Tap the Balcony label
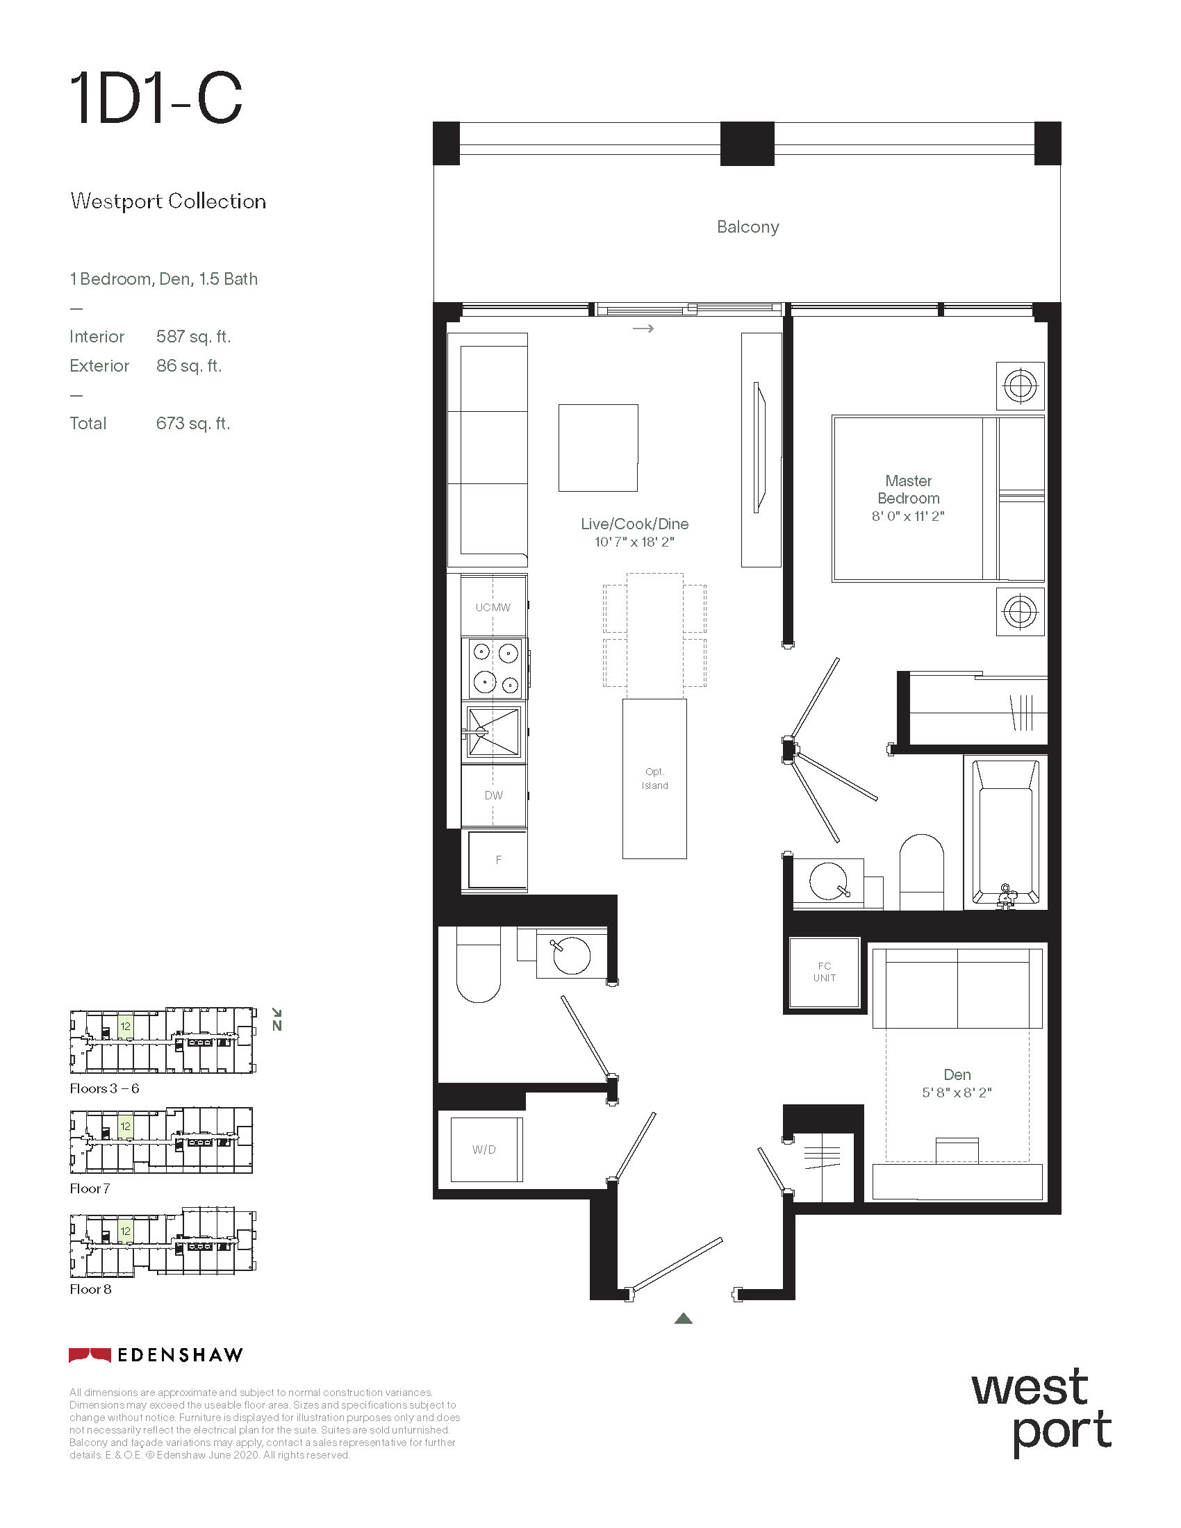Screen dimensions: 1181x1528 [x=748, y=227]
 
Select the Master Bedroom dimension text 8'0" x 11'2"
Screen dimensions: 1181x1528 [x=907, y=516]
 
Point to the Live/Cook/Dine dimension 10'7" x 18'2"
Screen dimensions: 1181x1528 [x=634, y=542]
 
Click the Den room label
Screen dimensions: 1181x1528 [x=957, y=1074]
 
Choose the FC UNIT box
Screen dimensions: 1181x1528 [x=824, y=972]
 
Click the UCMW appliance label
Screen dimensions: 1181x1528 [x=493, y=607]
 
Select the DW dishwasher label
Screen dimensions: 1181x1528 [x=493, y=795]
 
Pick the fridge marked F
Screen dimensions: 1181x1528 [x=497, y=860]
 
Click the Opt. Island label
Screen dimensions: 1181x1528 [x=654, y=779]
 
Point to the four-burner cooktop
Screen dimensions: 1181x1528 [x=493, y=668]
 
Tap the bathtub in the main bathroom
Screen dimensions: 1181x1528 [x=1005, y=833]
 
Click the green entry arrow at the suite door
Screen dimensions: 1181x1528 [x=684, y=1318]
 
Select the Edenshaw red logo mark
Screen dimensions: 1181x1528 [x=90, y=1354]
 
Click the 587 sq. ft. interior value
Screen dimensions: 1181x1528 [x=193, y=337]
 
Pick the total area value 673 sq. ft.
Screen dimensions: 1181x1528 [x=193, y=423]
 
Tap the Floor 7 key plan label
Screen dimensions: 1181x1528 [x=90, y=1188]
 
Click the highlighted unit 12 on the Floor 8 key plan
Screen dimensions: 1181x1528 [x=125, y=1231]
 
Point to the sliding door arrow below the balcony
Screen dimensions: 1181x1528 [x=643, y=328]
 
